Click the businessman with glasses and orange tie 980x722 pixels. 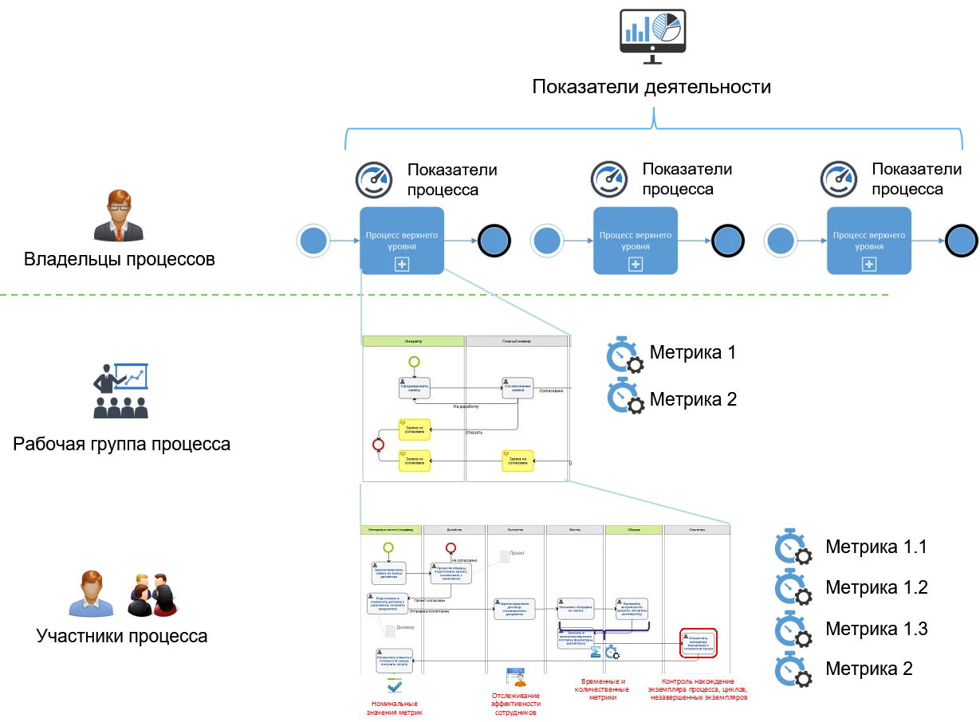tap(118, 214)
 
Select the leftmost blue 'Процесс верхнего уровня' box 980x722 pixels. tap(401, 241)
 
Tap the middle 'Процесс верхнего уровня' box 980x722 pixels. tap(635, 241)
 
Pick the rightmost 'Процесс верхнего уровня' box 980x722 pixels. tap(868, 241)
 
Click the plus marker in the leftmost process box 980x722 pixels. tap(401, 265)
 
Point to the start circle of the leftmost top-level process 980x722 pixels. tap(313, 241)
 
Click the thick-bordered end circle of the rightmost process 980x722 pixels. tap(961, 241)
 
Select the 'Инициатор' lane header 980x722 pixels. tap(413, 341)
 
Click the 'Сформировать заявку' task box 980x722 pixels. tap(414, 388)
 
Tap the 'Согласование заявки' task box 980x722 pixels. tap(518, 387)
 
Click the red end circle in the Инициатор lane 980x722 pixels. tap(379, 445)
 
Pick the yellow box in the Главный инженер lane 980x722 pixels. tap(518, 461)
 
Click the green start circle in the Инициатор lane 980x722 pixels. tap(414, 362)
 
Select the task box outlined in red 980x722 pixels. tap(699, 643)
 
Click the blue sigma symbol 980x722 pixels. tap(595, 652)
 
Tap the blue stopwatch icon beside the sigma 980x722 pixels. tap(612, 653)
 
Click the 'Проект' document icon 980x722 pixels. tap(504, 555)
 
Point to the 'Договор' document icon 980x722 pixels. tap(389, 631)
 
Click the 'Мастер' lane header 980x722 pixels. tap(575, 529)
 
